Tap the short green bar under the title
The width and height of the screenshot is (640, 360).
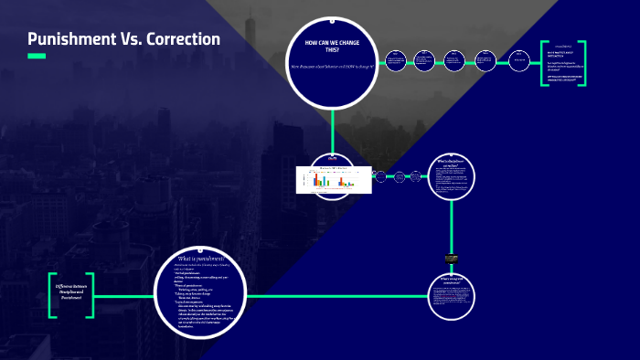pyautogui.click(x=37, y=57)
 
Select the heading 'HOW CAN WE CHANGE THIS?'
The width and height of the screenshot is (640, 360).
pyautogui.click(x=332, y=47)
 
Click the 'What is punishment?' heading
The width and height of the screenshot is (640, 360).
pyautogui.click(x=199, y=259)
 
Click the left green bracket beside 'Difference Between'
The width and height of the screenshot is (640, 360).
pyautogui.click(x=53, y=294)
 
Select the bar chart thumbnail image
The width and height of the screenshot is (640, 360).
pyautogui.click(x=333, y=179)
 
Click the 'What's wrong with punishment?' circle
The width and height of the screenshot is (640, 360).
pyautogui.click(x=452, y=296)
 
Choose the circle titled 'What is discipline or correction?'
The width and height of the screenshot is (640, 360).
pyautogui.click(x=452, y=175)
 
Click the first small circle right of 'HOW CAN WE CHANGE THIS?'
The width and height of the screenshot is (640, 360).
pyautogui.click(x=395, y=61)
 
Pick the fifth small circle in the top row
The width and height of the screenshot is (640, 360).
pyautogui.click(x=518, y=60)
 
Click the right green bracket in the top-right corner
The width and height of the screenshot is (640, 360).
pyautogui.click(x=582, y=63)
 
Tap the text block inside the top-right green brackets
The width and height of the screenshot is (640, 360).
pyautogui.click(x=561, y=64)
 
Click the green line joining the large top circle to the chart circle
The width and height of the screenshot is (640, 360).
pyautogui.click(x=333, y=128)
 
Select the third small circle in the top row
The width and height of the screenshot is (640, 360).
pyautogui.click(x=455, y=60)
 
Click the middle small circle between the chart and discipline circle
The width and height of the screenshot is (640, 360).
pyautogui.click(x=399, y=176)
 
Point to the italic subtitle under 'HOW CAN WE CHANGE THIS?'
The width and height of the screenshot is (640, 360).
pyautogui.click(x=332, y=66)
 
